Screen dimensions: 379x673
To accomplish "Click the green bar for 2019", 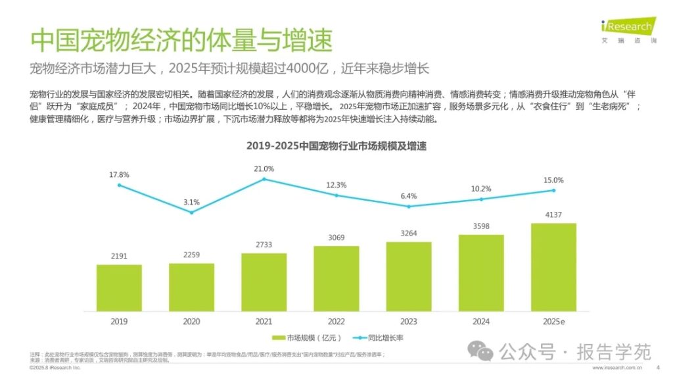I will (x=119, y=288).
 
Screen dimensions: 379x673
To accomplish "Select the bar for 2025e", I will (x=553, y=266).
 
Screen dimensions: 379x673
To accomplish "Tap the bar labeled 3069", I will (x=336, y=278).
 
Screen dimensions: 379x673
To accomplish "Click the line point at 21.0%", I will (x=264, y=179).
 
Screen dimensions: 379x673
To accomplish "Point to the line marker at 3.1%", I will (x=191, y=212).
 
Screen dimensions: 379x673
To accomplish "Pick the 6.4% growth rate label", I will (x=409, y=196).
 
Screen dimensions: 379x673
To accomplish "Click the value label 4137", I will (x=553, y=215).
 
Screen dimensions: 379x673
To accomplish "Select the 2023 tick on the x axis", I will (x=409, y=320).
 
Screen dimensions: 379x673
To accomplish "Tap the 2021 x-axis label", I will (x=264, y=320).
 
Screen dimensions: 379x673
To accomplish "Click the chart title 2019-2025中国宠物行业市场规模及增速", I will (x=336, y=146).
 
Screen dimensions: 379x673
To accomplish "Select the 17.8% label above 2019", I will (x=119, y=174).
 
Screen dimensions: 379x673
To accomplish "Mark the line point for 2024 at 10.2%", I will (x=481, y=199).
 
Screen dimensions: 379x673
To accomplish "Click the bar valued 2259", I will (x=191, y=287).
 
